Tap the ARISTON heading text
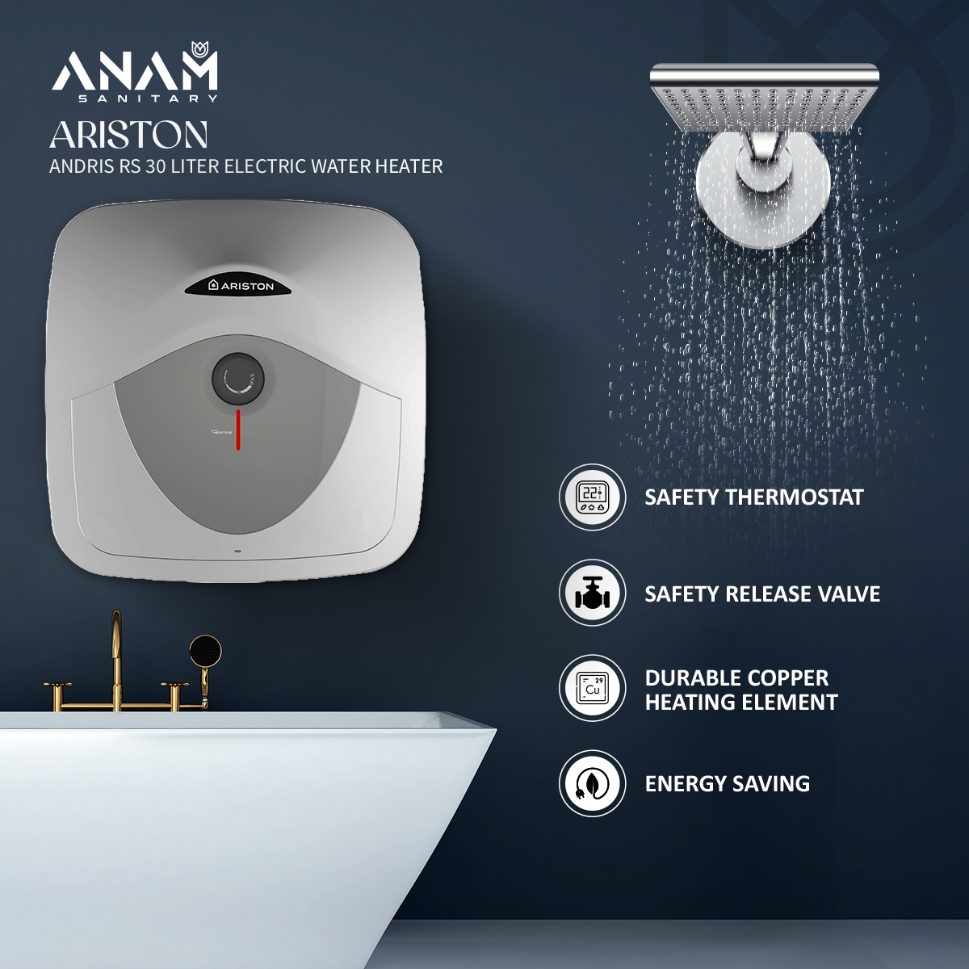pyautogui.click(x=129, y=135)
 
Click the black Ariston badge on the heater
pyautogui.click(x=241, y=285)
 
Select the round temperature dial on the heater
pyautogui.click(x=238, y=378)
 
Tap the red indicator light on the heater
pyautogui.click(x=238, y=430)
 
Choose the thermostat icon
pyautogui.click(x=592, y=497)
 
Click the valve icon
pyautogui.click(x=592, y=594)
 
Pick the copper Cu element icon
pyautogui.click(x=592, y=688)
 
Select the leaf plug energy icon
pyautogui.click(x=592, y=783)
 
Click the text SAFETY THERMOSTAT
pyautogui.click(x=753, y=497)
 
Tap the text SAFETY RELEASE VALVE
pyautogui.click(x=761, y=594)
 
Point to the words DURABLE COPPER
pyautogui.click(x=736, y=678)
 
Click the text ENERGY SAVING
pyautogui.click(x=727, y=784)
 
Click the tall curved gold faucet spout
pyautogui.click(x=117, y=646)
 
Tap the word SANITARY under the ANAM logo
pyautogui.click(x=148, y=99)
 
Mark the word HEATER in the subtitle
pyautogui.click(x=412, y=166)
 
